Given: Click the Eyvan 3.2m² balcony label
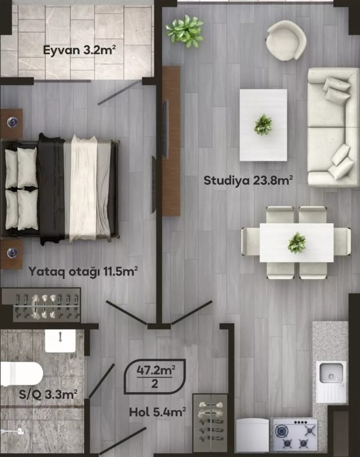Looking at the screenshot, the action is pyautogui.click(x=79, y=50).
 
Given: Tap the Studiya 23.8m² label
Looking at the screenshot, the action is pyautogui.click(x=248, y=180).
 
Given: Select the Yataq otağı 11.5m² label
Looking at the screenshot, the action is pyautogui.click(x=83, y=271).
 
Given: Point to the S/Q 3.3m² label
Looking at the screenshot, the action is pyautogui.click(x=48, y=395).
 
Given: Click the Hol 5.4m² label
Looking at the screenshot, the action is pyautogui.click(x=158, y=412).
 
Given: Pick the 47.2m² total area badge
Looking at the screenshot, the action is pyautogui.click(x=155, y=376).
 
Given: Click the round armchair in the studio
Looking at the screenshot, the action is pyautogui.click(x=286, y=40).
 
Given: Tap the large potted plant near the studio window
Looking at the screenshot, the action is pyautogui.click(x=185, y=30).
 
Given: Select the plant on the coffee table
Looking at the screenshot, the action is pyautogui.click(x=263, y=124).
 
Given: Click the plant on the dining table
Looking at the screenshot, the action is pyautogui.click(x=297, y=243).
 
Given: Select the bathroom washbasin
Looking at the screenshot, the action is pyautogui.click(x=60, y=340).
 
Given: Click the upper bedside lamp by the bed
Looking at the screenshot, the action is pyautogui.click(x=12, y=122).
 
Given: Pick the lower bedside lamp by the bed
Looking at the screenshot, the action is pyautogui.click(x=12, y=253).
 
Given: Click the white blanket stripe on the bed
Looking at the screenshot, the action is pyautogui.click(x=84, y=188).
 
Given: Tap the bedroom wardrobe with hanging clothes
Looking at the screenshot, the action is pyautogui.click(x=42, y=305).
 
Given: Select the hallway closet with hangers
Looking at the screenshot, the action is pyautogui.click(x=210, y=423).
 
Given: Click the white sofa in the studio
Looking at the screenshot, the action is pyautogui.click(x=333, y=127).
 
